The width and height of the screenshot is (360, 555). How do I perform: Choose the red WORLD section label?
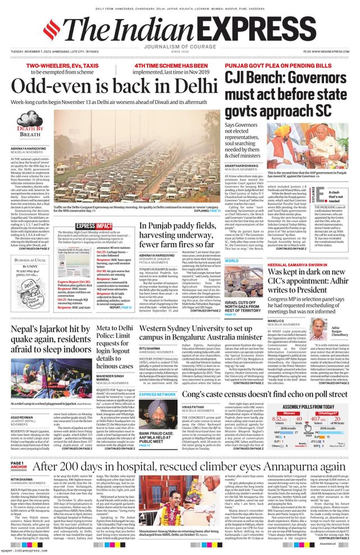pos(232,261)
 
